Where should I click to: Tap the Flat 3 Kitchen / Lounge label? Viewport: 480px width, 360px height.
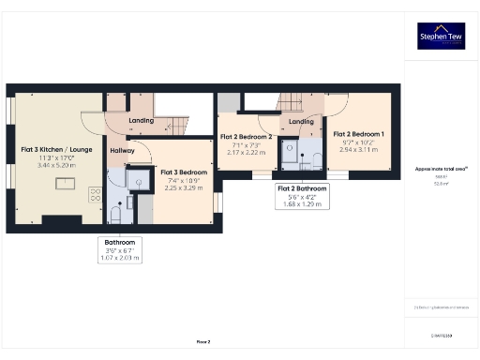tap(56, 149)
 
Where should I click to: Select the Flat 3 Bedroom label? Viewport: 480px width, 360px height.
tap(184, 172)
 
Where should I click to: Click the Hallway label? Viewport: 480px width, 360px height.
tap(122, 150)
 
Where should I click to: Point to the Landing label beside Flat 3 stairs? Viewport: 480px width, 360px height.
tap(141, 120)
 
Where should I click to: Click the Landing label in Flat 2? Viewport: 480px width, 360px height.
tap(301, 122)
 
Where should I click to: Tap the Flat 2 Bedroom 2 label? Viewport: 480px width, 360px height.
tap(246, 137)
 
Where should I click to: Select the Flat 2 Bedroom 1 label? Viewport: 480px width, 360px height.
tap(359, 134)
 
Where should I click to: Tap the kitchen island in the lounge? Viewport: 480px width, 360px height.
tap(65, 182)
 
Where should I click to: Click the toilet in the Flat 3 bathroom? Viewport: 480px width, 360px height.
tap(114, 216)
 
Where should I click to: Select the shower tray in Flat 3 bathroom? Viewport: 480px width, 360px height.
tap(139, 182)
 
